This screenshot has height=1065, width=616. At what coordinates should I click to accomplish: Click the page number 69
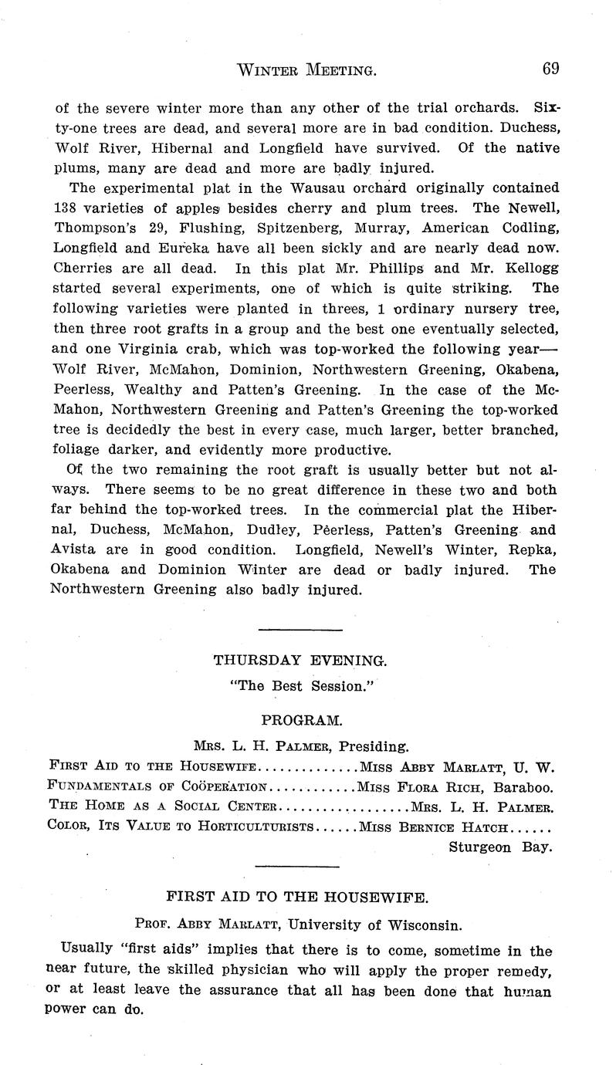coord(550,69)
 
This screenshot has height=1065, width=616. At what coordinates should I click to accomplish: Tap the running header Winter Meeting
coord(306,70)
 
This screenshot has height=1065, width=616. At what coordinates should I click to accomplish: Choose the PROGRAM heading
coord(301,720)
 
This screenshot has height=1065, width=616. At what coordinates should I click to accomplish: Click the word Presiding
coord(374,746)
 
